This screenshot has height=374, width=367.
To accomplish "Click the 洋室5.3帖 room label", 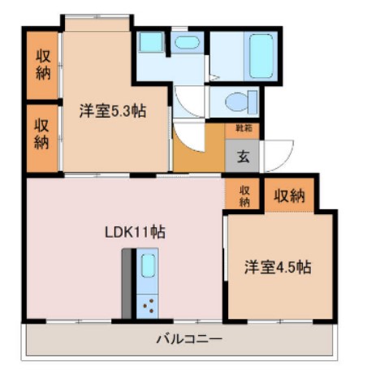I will pyautogui.click(x=112, y=111).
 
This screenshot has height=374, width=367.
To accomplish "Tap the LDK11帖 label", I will pyautogui.click(x=135, y=231).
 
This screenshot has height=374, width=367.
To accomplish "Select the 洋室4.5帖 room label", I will pyautogui.click(x=279, y=266).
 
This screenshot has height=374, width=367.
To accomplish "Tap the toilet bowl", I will pyautogui.click(x=239, y=102).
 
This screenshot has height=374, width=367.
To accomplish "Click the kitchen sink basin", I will pyautogui.click(x=149, y=265).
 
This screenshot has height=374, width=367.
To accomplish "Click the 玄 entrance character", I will pyautogui.click(x=243, y=157).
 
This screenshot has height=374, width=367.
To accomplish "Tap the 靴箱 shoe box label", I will pyautogui.click(x=243, y=128).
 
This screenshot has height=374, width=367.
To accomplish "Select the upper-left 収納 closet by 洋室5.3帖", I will pyautogui.click(x=42, y=63).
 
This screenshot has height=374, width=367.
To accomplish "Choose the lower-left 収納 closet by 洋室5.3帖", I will pyautogui.click(x=42, y=135).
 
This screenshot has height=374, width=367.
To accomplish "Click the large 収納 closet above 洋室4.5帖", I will pyautogui.click(x=289, y=195).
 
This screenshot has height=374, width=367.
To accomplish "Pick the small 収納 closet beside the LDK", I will pyautogui.click(x=244, y=195).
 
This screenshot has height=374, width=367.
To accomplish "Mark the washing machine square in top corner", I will pyautogui.click(x=150, y=43).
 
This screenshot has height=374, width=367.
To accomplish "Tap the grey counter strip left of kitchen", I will pyautogui.click(x=128, y=284).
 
